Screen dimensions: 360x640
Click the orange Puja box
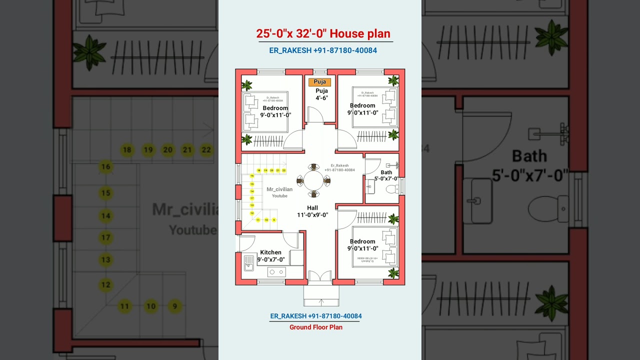(x=319, y=82)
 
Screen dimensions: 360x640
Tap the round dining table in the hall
(x=313, y=180)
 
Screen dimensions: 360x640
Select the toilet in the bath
(x=392, y=189)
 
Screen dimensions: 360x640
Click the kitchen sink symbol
(x=248, y=262)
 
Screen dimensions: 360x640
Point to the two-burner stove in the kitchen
(x=276, y=272)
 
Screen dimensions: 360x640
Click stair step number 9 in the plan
(x=274, y=220)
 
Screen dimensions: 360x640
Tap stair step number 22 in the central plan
(x=284, y=170)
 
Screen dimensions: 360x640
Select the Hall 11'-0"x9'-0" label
(x=312, y=211)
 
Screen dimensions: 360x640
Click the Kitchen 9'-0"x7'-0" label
(x=271, y=256)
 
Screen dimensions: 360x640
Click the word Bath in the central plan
(x=386, y=172)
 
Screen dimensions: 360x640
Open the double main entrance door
(x=320, y=277)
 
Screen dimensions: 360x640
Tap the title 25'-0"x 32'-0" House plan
(x=323, y=34)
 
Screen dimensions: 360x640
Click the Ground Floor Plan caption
(x=316, y=327)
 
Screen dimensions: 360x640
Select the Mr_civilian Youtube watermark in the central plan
(x=279, y=192)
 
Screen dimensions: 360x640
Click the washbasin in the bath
(x=370, y=186)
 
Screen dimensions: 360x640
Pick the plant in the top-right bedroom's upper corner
(x=393, y=80)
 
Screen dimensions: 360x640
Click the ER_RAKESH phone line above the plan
(x=323, y=50)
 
